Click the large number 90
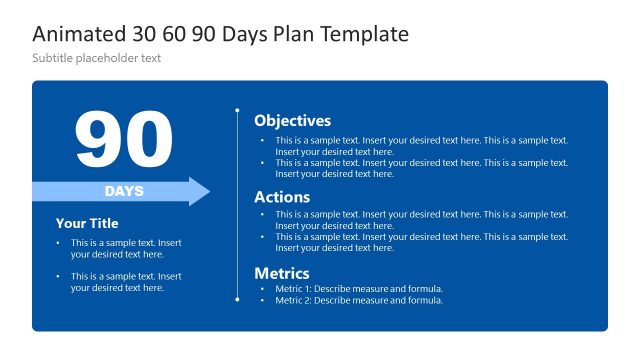pos(123,139)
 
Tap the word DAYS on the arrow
pos(124,191)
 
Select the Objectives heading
pos(292,121)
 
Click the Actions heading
pos(282,197)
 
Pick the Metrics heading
pos(282,273)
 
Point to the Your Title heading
pos(87,224)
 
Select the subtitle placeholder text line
pos(96,58)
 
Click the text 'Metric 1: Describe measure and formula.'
pos(359,289)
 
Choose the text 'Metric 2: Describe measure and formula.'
pos(359,300)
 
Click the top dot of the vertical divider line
pos(237,110)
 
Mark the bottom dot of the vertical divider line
pos(237,299)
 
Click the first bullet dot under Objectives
pos(263,141)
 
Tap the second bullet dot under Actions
pos(263,237)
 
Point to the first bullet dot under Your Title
pos(59,243)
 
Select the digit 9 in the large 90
pos(98,139)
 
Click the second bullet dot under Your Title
pos(59,276)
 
